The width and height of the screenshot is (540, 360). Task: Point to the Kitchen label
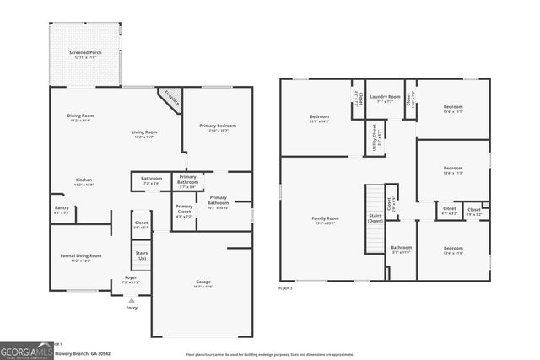[84, 180]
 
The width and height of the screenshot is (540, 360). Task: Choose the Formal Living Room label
[80, 255]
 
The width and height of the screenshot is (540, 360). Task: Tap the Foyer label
[131, 277]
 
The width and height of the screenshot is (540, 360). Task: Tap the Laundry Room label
[384, 97]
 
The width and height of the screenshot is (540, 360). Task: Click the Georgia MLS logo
[25, 349]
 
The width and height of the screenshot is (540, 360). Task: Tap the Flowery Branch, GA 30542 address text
[82, 354]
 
